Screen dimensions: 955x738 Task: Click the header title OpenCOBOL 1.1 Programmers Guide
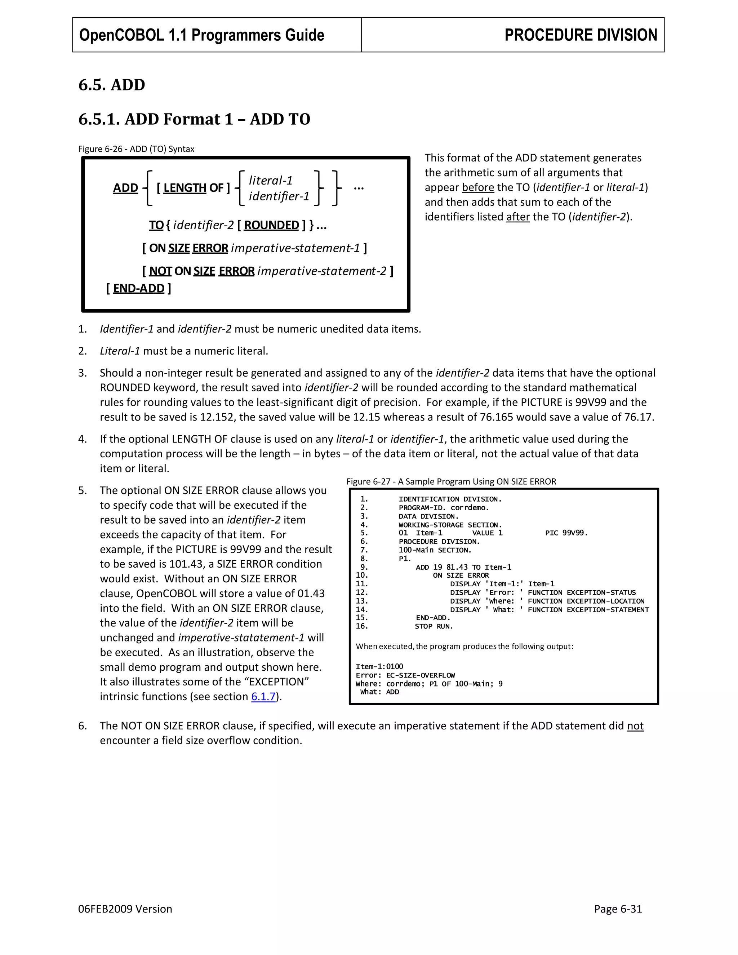coord(201,35)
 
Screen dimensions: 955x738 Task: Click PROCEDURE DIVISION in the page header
coord(580,35)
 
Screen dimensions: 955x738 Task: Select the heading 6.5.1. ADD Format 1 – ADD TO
coord(194,119)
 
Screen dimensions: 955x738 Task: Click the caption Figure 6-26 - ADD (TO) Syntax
coord(136,149)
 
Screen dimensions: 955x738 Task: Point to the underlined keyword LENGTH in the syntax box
coord(184,188)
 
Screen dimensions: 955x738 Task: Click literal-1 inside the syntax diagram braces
coord(270,180)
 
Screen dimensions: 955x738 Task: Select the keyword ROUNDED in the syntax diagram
coord(271,225)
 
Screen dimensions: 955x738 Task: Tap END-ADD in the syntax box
coord(139,289)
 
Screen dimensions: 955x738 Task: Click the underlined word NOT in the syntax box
coord(160,272)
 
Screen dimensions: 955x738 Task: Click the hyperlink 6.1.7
coord(263,696)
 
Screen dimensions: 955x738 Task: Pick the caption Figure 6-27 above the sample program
coord(451,481)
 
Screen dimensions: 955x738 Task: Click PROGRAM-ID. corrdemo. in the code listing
coord(443,508)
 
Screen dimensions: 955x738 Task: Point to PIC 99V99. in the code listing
coord(566,533)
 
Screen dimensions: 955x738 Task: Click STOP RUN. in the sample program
coord(434,626)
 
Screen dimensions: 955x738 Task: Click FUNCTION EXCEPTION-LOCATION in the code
coord(586,601)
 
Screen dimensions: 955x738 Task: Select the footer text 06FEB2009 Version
coord(125,909)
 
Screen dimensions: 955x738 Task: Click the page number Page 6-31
coord(617,909)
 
